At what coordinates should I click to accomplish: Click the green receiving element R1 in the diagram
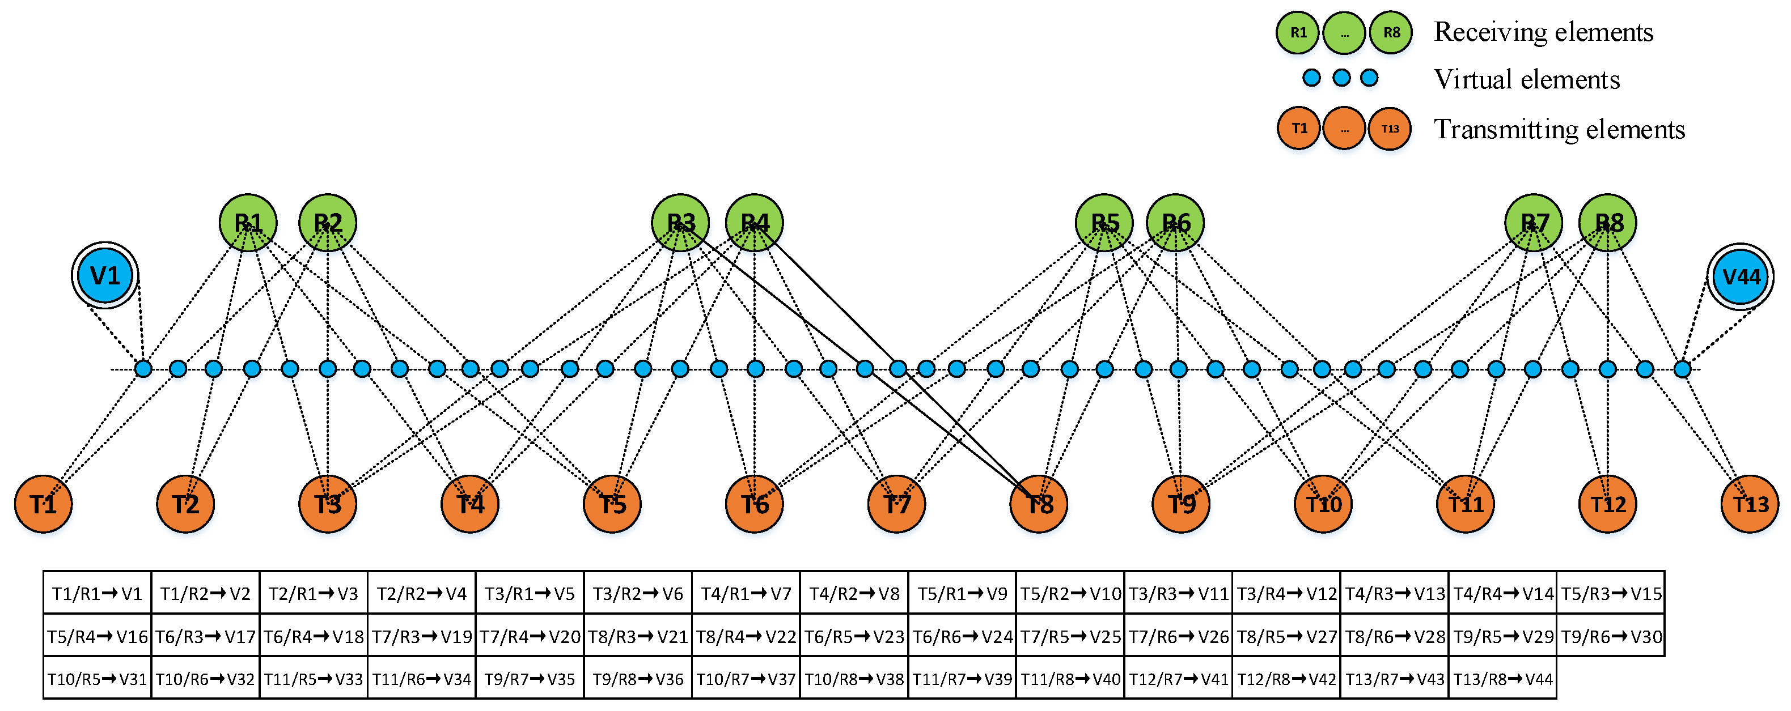248,223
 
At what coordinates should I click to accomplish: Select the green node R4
755,223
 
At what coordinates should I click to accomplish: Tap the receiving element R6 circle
1175,223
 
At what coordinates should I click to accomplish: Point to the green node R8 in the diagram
1607,223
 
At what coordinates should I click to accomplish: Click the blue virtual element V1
105,276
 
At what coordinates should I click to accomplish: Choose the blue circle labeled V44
1740,276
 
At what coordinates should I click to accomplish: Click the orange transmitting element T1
43,504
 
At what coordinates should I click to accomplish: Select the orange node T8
1039,504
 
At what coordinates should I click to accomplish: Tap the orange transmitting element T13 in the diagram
1749,504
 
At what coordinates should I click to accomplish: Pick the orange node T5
612,504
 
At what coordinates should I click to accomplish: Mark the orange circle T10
1323,504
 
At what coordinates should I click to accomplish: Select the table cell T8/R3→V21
638,637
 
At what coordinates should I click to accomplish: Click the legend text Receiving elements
1543,32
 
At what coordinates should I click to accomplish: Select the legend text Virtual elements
1527,79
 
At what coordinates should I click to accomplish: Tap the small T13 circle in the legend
1390,129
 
